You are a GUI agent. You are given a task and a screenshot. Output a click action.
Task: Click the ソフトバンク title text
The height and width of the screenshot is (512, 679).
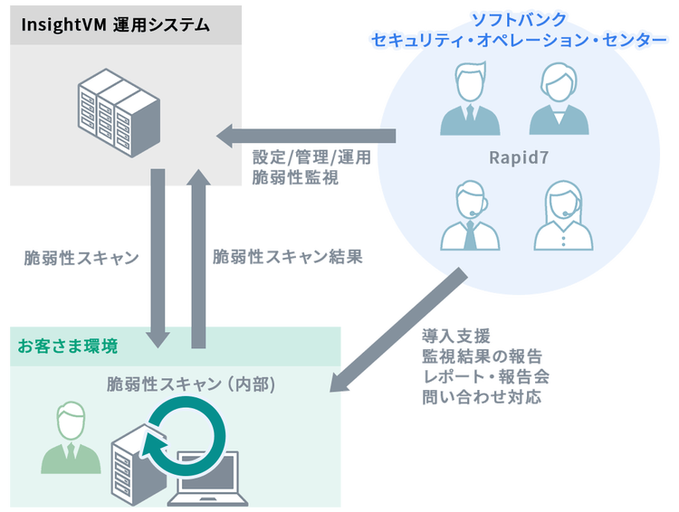click(513, 18)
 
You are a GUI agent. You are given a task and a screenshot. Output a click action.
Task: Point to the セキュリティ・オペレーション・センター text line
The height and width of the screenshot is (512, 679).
click(513, 41)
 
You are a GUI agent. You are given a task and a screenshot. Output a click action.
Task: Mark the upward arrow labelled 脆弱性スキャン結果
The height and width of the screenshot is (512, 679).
click(198, 257)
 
